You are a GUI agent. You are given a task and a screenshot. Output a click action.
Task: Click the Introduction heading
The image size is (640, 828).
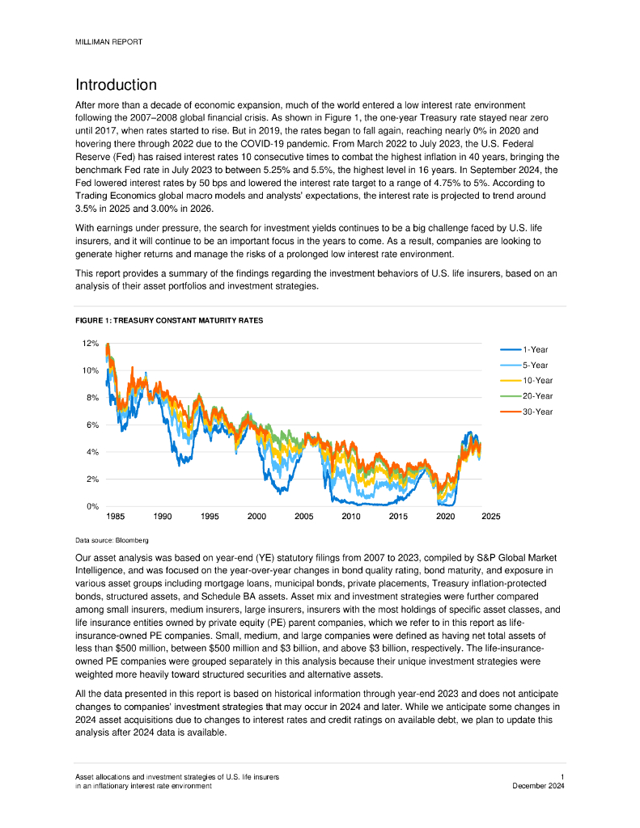click(x=116, y=85)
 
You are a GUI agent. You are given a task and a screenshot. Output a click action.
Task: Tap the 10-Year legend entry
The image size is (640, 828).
click(x=537, y=381)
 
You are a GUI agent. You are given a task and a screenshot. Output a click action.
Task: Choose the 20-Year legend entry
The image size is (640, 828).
click(x=537, y=396)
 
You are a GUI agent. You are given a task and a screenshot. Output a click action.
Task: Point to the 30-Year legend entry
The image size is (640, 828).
click(x=537, y=412)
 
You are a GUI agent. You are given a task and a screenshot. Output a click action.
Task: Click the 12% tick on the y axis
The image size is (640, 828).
click(x=90, y=343)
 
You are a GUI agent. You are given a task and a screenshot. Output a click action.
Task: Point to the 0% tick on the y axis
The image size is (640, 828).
click(x=91, y=507)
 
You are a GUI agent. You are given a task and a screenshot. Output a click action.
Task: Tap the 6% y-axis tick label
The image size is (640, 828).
click(x=91, y=425)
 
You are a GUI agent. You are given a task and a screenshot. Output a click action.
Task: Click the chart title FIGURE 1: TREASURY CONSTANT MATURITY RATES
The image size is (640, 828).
click(x=168, y=321)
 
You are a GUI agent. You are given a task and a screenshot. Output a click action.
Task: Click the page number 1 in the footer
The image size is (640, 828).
click(x=562, y=777)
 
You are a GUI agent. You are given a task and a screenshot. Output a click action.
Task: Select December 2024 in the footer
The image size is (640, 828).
click(x=539, y=786)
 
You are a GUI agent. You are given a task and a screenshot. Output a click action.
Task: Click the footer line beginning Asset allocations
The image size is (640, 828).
click(x=176, y=777)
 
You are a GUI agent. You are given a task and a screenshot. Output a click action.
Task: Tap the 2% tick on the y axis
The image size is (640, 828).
click(x=91, y=479)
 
